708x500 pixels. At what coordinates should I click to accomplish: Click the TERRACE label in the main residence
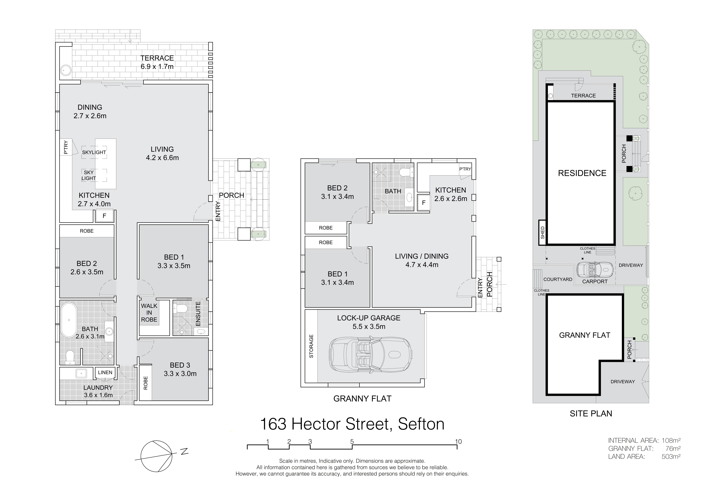(x=157, y=58)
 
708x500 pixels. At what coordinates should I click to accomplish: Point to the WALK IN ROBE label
(x=149, y=313)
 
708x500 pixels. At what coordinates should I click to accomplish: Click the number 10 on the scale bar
(x=458, y=442)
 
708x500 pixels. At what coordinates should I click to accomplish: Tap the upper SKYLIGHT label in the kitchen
(x=94, y=152)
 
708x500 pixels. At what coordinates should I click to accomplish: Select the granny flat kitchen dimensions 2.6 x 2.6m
(x=451, y=199)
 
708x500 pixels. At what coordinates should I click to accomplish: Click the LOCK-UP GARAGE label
(x=369, y=318)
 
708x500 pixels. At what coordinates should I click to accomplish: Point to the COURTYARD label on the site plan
(x=558, y=279)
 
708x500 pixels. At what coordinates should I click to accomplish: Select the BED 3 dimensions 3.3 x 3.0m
(x=180, y=374)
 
